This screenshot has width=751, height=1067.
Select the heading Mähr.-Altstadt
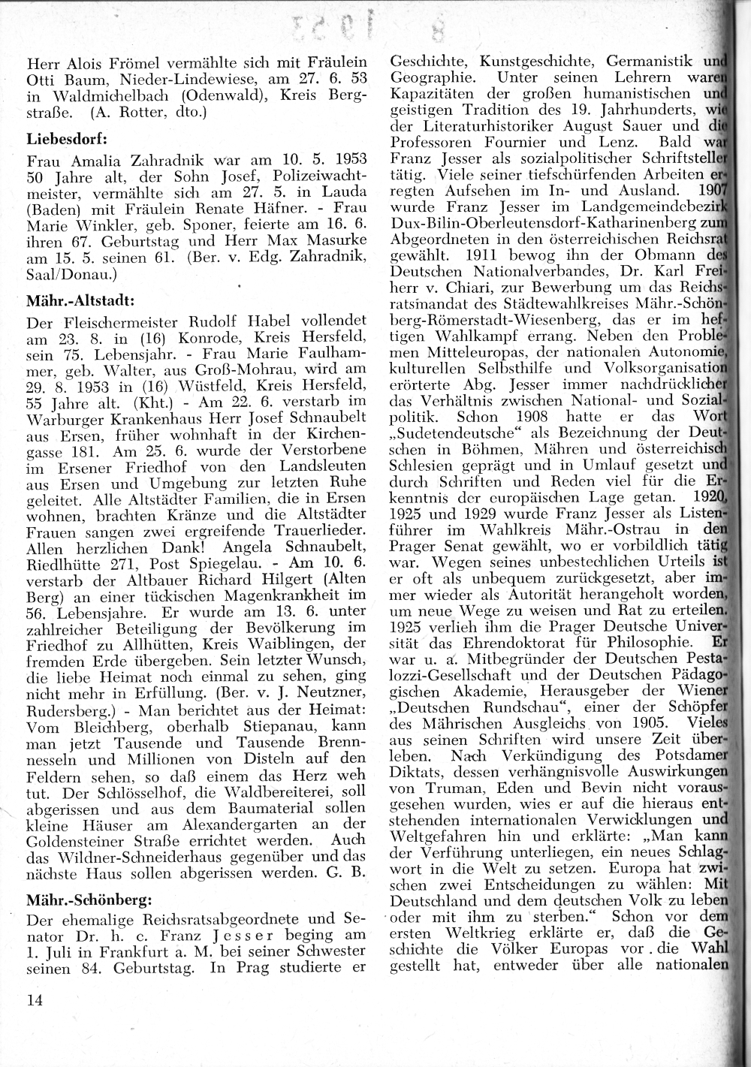pyautogui.click(x=80, y=301)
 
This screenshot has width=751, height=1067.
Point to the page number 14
pyautogui.click(x=35, y=999)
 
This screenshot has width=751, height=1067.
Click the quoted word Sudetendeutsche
pyautogui.click(x=461, y=433)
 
